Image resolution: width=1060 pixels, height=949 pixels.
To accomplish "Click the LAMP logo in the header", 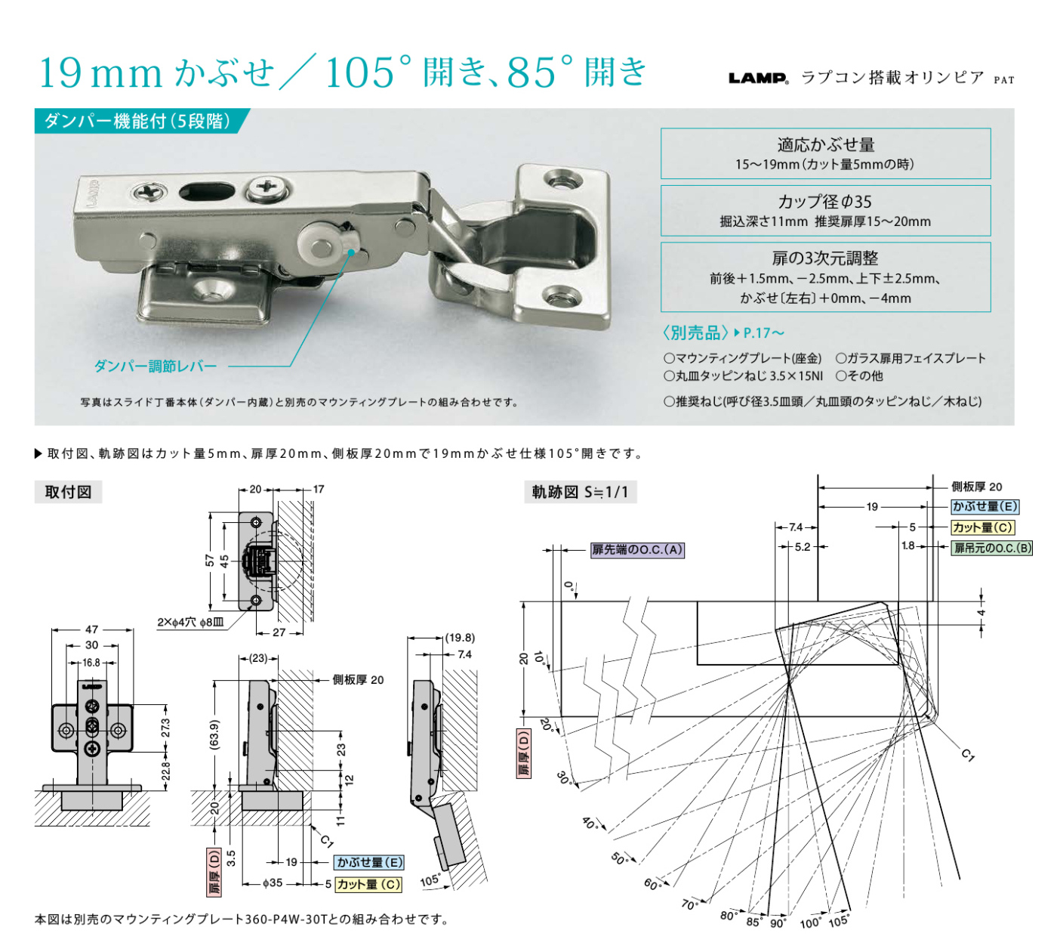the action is tap(758, 78).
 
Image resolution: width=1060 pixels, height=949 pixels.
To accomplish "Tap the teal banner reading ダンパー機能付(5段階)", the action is tap(139, 121).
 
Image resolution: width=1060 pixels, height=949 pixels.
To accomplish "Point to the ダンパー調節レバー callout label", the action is tap(156, 366).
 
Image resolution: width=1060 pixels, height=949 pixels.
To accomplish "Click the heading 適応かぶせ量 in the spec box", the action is tap(826, 144).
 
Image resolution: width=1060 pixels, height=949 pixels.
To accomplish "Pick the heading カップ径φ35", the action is tap(824, 201).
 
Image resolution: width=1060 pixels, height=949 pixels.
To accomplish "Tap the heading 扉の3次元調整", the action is tap(825, 258).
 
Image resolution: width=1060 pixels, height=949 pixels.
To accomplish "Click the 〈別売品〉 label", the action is tap(695, 332).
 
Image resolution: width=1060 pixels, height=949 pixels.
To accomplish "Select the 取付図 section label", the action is tap(68, 492).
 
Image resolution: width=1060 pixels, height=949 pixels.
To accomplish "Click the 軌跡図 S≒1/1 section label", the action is tap(580, 492).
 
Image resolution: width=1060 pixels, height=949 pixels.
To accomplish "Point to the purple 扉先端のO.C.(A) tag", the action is tap(636, 549).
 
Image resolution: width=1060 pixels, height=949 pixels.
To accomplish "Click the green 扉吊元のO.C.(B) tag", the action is tap(992, 548).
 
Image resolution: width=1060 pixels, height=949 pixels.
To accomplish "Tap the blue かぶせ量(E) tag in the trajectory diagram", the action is tap(985, 506).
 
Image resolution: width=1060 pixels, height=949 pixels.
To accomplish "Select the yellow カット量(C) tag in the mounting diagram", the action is tap(368, 884).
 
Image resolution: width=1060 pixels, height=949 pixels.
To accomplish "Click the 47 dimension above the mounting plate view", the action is tap(91, 629).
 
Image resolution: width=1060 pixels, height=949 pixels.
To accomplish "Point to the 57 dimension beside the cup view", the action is tap(210, 561).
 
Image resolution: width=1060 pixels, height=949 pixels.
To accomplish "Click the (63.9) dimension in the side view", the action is tap(214, 734).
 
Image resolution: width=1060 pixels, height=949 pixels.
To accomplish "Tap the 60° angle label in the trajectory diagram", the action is tap(652, 884).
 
